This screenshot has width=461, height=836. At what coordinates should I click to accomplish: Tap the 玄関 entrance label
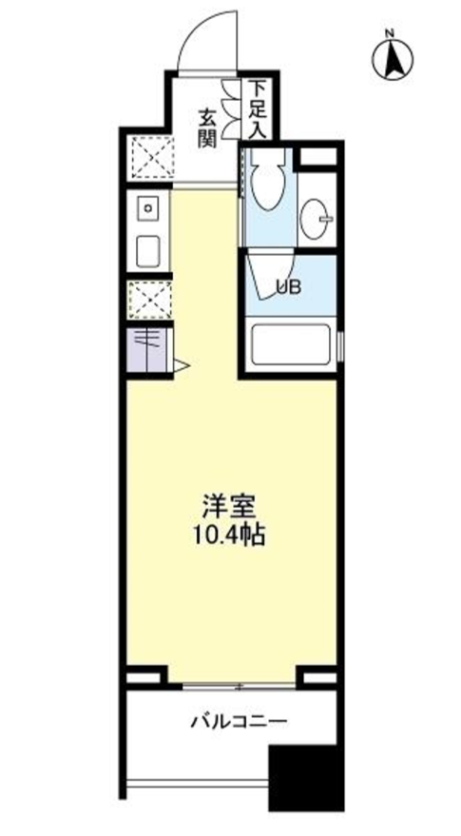pyautogui.click(x=208, y=128)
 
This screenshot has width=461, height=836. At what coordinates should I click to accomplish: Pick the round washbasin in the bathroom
pyautogui.click(x=316, y=220)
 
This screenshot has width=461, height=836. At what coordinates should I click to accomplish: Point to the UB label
pyautogui.click(x=288, y=284)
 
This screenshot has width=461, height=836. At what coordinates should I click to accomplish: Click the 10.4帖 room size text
pyautogui.click(x=231, y=535)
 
